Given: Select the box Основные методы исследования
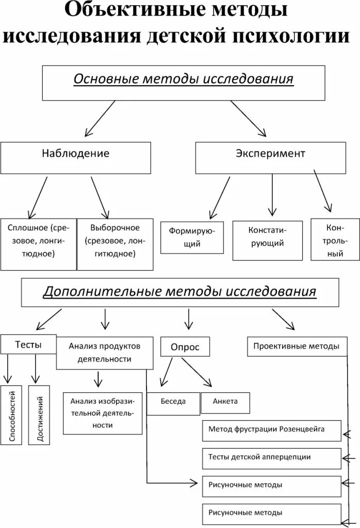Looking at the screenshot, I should [183, 82].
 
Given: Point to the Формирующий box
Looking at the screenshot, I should [192, 237].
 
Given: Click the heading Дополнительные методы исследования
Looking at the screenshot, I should [179, 292].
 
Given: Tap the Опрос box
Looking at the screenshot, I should [185, 347].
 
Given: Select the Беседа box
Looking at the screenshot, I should [173, 403].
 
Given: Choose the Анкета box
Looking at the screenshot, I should [225, 402].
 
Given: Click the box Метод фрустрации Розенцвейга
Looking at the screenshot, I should [271, 431].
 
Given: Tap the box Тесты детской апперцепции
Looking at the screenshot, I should [271, 458].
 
